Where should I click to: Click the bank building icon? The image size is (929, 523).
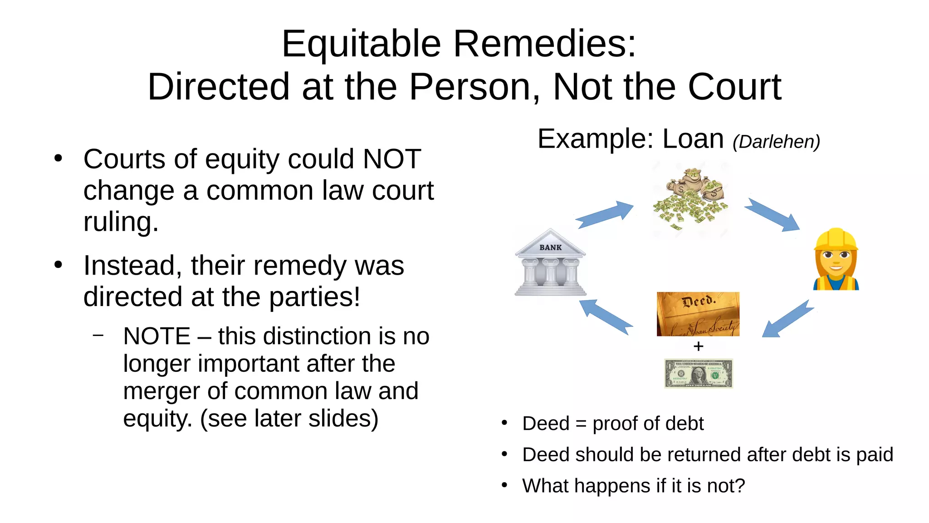tap(550, 263)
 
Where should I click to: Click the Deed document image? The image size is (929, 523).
tap(698, 314)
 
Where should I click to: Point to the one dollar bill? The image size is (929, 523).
tap(698, 373)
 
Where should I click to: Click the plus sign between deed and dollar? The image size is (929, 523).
tap(699, 346)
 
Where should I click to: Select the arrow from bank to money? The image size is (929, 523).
tap(604, 214)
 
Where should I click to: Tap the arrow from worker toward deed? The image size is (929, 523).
tap(787, 319)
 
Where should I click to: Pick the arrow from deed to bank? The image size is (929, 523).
tap(606, 316)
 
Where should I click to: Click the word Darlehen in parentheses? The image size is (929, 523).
tap(776, 142)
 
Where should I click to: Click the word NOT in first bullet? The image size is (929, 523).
tap(392, 159)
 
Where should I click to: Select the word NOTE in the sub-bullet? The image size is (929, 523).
tap(156, 336)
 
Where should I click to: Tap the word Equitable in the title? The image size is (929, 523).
tap(361, 44)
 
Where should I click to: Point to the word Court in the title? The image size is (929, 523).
tap(734, 87)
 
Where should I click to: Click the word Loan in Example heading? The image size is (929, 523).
tap(693, 139)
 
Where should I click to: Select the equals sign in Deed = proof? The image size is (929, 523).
tap(581, 424)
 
